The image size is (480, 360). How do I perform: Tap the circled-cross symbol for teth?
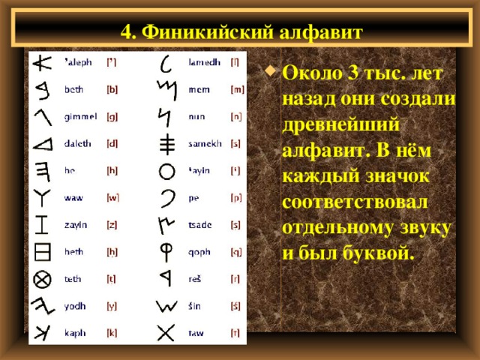(42, 278)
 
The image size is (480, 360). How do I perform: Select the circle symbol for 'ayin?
(167, 171)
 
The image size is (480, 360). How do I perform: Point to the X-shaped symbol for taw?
(166, 331)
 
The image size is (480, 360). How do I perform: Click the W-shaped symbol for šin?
(166, 305)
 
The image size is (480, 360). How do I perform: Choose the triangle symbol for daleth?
(42, 143)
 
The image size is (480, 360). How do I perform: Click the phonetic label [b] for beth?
(112, 89)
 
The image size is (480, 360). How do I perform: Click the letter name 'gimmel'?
(81, 116)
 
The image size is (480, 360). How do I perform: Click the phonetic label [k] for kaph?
(111, 332)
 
